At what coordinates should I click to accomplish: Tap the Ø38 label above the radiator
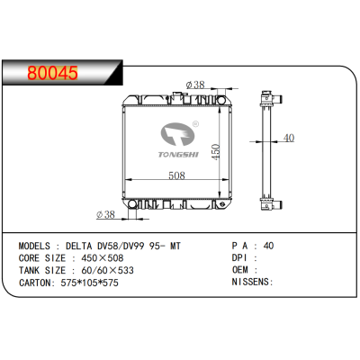pyautogui.click(x=195, y=85)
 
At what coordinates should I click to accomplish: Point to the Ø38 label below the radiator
pyautogui.click(x=105, y=214)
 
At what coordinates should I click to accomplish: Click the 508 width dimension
pyautogui.click(x=176, y=175)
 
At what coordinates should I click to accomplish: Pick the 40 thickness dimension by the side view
pyautogui.click(x=288, y=138)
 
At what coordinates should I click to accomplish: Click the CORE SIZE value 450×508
pyautogui.click(x=103, y=256)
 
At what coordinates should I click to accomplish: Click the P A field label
pyautogui.click(x=240, y=245)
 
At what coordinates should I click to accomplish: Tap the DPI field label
pyautogui.click(x=239, y=256)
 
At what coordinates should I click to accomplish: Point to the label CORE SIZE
pyautogui.click(x=41, y=256)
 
